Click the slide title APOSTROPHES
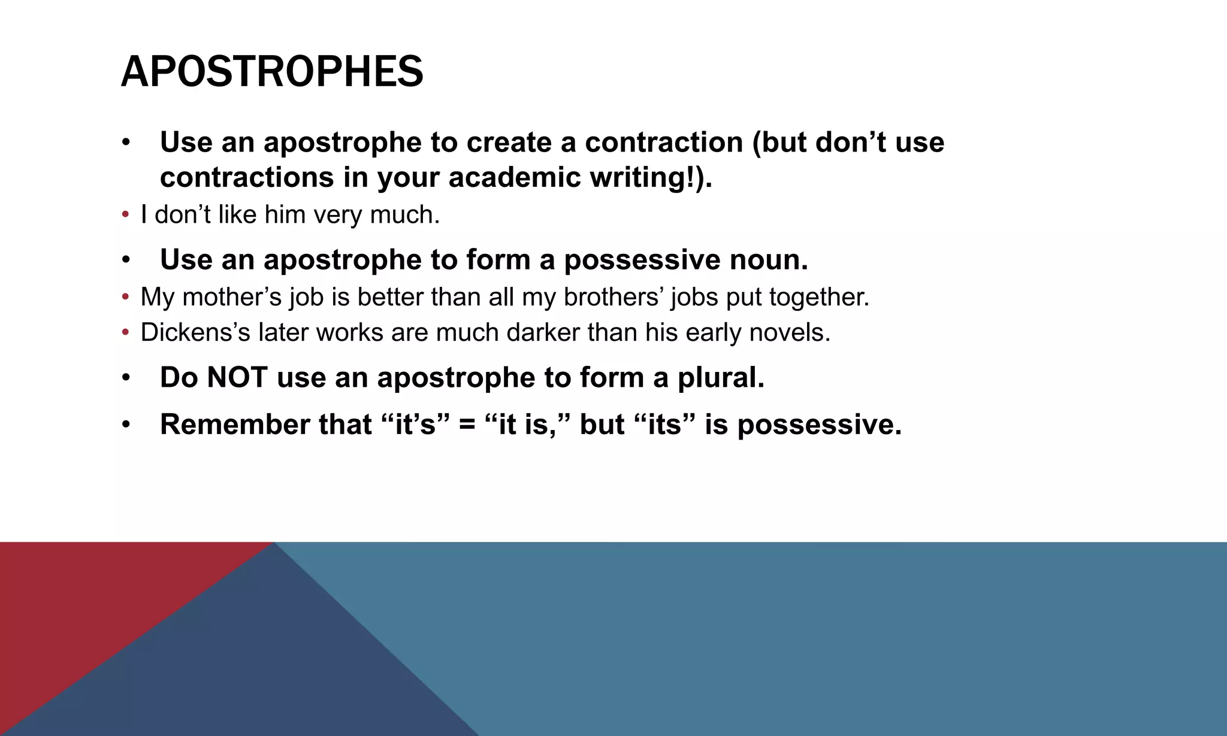pos(272,72)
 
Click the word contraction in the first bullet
pos(664,143)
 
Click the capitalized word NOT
pos(237,378)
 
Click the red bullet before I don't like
pos(125,214)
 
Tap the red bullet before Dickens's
pos(125,332)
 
